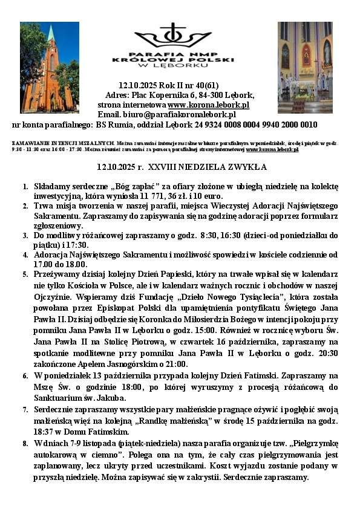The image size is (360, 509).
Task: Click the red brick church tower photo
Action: [x=49, y=68]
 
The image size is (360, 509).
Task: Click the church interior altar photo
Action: [x=305, y=68]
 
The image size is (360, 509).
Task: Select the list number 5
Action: [x=25, y=274]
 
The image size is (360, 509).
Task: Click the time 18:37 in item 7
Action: [x=45, y=432]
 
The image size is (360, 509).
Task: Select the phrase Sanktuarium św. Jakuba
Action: [x=79, y=397]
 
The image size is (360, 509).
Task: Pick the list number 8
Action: [x=25, y=443]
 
